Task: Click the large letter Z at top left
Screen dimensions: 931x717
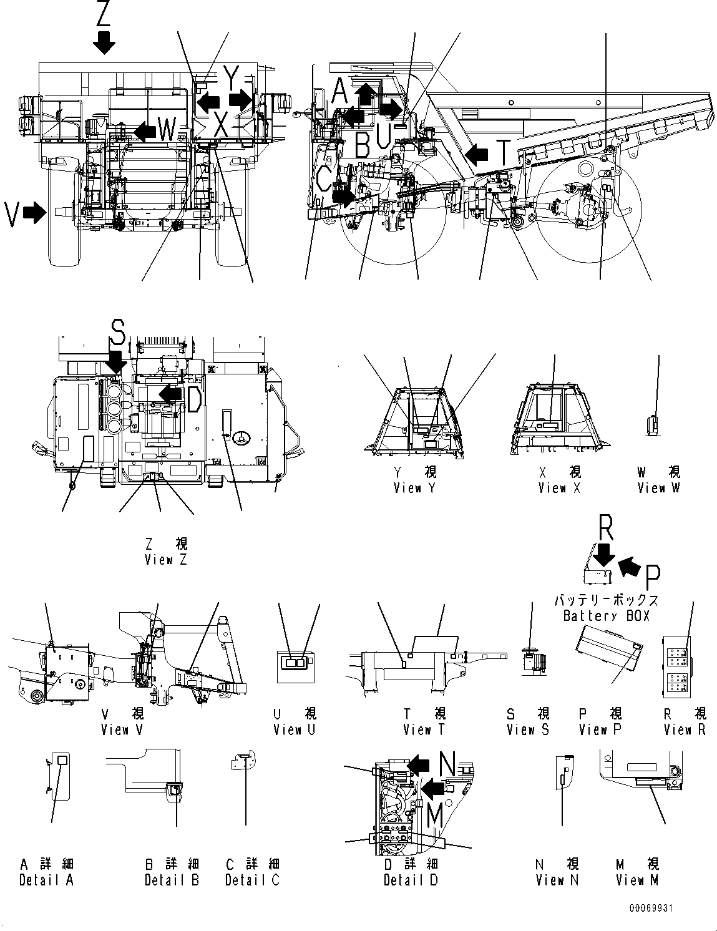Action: click(x=104, y=12)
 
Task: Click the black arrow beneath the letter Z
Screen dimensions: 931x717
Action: click(x=104, y=42)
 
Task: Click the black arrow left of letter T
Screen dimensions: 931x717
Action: click(x=478, y=154)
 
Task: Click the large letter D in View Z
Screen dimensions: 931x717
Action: click(x=194, y=399)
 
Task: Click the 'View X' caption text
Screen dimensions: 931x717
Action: click(x=559, y=488)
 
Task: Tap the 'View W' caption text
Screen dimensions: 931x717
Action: click(x=658, y=488)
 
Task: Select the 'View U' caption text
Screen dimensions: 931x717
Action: click(x=295, y=729)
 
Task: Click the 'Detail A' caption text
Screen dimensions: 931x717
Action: click(x=46, y=880)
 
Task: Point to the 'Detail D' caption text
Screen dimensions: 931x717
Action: click(x=411, y=880)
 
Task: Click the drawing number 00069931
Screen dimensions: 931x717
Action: click(x=651, y=909)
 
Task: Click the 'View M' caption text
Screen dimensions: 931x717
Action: click(x=637, y=880)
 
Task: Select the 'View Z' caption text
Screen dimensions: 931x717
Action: click(x=166, y=560)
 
